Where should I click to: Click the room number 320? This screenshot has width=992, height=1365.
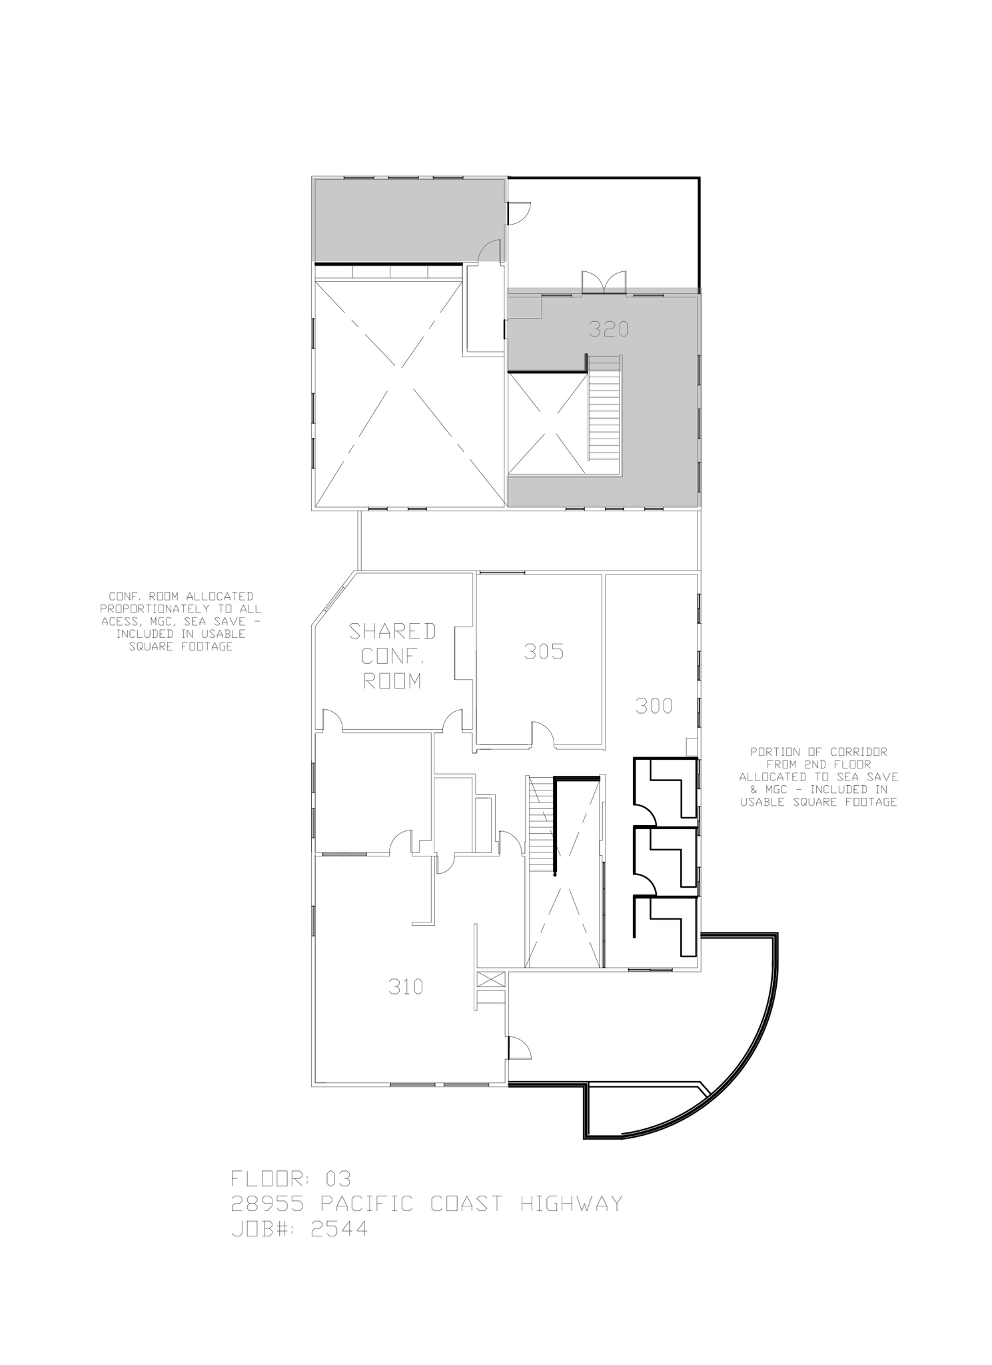[x=608, y=329]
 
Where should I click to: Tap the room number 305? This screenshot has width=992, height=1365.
[x=544, y=651]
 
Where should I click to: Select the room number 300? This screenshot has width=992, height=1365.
[x=654, y=706]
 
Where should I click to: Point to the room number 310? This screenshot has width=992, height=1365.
[x=405, y=986]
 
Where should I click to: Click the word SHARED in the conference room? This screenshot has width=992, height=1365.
[x=392, y=631]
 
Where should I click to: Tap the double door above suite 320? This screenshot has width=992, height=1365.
[x=604, y=282]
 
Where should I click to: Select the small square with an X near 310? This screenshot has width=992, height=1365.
[x=491, y=979]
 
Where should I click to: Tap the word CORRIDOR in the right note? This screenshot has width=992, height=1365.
[x=858, y=751]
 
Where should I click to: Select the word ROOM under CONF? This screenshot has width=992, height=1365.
[x=392, y=681]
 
